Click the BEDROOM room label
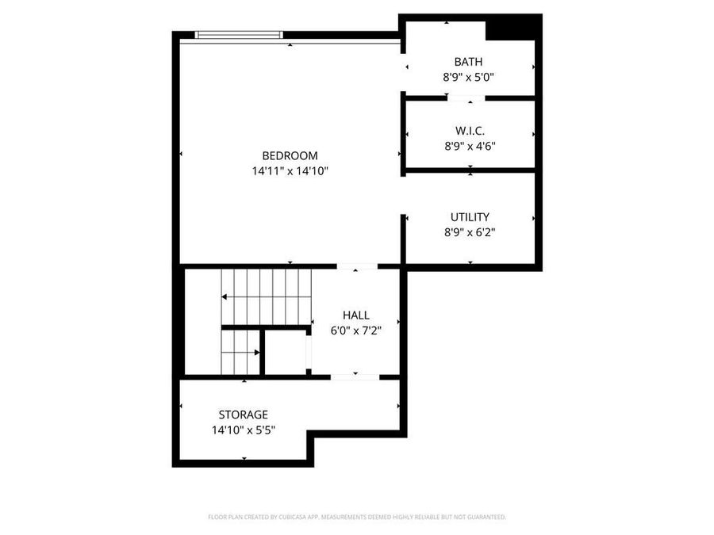click(x=290, y=155)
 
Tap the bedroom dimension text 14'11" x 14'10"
click(x=290, y=170)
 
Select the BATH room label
click(x=468, y=62)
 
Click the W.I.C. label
click(x=470, y=131)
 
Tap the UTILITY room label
click(x=470, y=216)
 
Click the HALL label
click(x=355, y=315)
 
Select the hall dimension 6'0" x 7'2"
click(x=356, y=331)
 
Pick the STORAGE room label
click(x=243, y=415)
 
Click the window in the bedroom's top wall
click(x=239, y=34)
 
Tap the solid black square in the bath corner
click(x=511, y=28)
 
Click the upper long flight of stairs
click(x=267, y=296)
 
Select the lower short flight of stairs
click(x=240, y=351)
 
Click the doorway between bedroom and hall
click(x=356, y=266)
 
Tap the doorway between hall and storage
click(x=355, y=376)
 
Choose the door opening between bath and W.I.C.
click(x=465, y=98)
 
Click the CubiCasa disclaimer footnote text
click(x=356, y=517)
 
